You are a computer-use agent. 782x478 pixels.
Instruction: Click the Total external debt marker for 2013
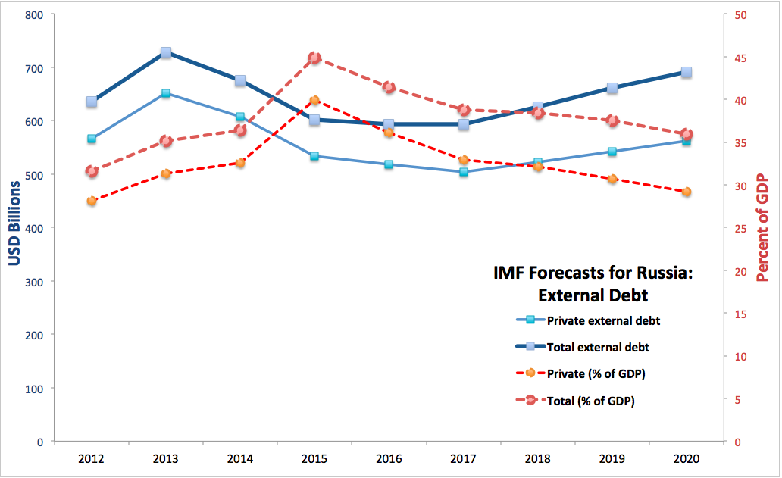166,53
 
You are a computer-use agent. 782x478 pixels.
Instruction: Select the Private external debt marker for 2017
463,172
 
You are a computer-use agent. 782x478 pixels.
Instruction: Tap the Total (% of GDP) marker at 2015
314,58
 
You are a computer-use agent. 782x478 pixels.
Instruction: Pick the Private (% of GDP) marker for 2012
92,201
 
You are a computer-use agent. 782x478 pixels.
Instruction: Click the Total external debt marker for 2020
687,72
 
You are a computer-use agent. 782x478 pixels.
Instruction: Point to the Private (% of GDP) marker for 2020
687,192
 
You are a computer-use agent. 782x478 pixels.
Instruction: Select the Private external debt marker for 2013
166,94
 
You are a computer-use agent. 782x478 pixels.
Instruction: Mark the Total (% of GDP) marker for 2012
92,171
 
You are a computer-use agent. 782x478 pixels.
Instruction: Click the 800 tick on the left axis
33,14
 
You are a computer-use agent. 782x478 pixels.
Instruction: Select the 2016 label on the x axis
389,459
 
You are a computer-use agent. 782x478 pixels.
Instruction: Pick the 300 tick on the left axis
33,281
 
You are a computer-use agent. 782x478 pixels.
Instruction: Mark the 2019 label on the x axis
612,459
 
